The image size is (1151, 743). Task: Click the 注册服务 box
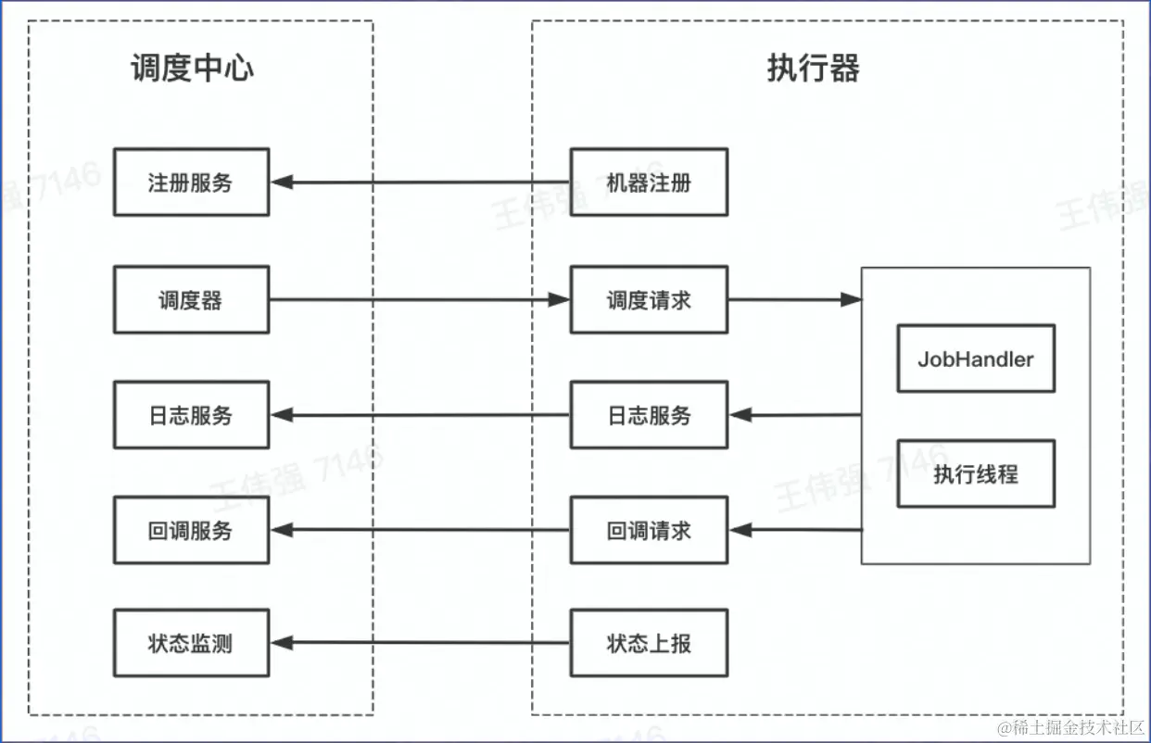coord(191,183)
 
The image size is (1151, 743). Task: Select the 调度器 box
coord(191,300)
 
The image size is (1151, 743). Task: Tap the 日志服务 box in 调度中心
coord(191,415)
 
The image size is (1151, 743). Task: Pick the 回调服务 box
coord(191,530)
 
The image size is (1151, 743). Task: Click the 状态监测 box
coord(191,643)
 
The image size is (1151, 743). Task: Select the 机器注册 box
coord(649,183)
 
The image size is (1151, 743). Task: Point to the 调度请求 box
coord(649,300)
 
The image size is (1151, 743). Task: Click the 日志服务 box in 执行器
coord(649,415)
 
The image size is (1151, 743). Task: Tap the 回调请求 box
coord(649,530)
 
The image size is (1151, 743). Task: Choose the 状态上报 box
coord(649,643)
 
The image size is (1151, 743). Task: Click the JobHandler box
coord(976,359)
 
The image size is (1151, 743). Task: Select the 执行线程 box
coord(976,473)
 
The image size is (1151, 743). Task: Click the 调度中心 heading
coord(192,69)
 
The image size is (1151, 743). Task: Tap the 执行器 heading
coord(813,69)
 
